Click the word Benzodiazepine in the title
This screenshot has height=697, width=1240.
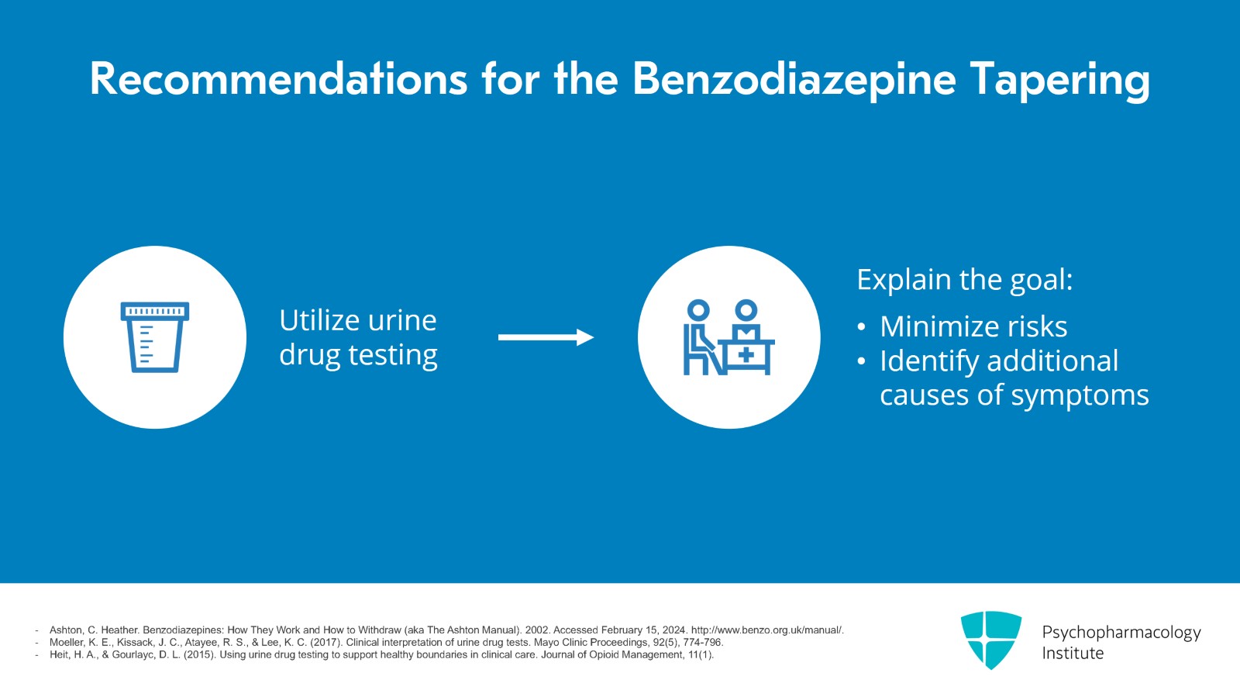click(794, 80)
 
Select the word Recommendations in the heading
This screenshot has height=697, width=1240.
click(278, 79)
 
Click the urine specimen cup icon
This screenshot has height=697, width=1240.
click(155, 337)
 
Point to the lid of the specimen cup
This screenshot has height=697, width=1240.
click(155, 311)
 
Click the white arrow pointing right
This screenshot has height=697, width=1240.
click(546, 337)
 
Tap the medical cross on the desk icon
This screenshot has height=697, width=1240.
click(746, 355)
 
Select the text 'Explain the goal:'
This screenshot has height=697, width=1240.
click(965, 280)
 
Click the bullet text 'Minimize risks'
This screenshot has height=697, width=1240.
click(973, 326)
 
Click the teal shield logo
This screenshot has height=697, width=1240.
click(991, 640)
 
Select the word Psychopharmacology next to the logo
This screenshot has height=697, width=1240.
click(1121, 633)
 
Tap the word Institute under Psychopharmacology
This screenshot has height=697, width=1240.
click(1073, 654)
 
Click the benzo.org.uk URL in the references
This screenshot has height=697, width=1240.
click(767, 630)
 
